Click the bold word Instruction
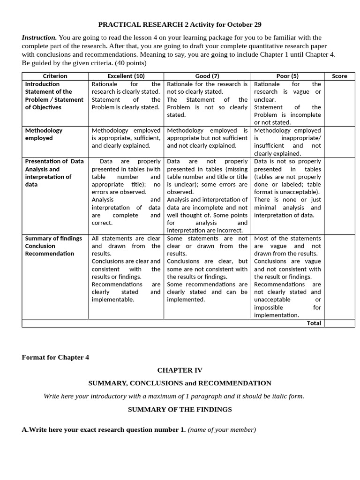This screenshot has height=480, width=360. click(39, 37)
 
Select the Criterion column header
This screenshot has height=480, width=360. click(55, 76)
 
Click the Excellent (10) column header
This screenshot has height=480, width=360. click(126, 76)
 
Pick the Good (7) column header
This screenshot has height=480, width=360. click(207, 76)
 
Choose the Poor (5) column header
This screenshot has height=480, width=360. click(287, 76)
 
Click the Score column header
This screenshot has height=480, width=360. click(339, 76)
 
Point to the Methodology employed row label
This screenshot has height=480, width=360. click(44, 134)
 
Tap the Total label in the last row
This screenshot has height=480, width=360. click(314, 323)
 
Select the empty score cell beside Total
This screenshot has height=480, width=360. click(339, 323)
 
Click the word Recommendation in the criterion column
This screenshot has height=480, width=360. click(49, 254)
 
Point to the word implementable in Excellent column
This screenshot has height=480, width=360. click(112, 300)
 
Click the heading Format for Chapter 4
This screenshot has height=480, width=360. click(55, 357)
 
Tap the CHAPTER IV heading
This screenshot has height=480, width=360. click(180, 370)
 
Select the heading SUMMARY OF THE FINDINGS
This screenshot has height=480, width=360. click(180, 409)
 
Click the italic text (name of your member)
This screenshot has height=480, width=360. click(222, 429)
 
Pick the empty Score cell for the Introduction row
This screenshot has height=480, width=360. click(339, 103)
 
